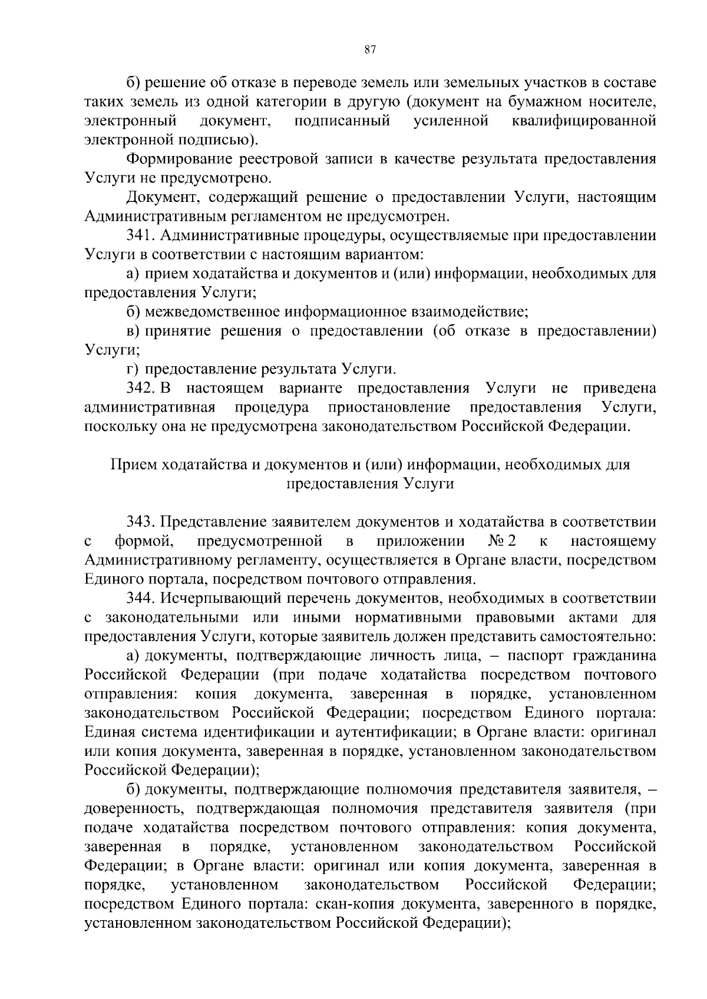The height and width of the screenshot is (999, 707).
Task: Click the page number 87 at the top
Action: point(371,50)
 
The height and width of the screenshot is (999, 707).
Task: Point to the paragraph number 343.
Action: point(140,522)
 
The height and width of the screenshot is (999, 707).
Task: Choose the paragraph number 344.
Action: point(140,598)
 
